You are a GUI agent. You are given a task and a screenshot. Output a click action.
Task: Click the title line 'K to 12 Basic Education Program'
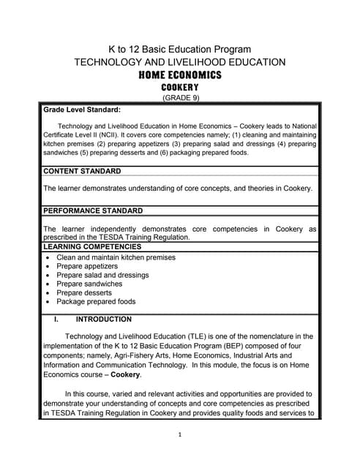pyautogui.click(x=180, y=49)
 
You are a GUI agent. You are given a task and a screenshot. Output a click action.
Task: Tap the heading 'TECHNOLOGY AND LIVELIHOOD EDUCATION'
pyautogui.click(x=180, y=62)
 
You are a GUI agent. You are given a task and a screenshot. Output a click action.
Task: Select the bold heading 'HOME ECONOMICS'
pyautogui.click(x=180, y=75)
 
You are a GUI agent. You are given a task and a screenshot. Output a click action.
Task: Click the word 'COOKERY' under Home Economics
pyautogui.click(x=180, y=88)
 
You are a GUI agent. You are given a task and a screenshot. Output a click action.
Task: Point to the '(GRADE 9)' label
pyautogui.click(x=180, y=98)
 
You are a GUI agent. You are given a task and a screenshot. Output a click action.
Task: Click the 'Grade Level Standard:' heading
pyautogui.click(x=82, y=110)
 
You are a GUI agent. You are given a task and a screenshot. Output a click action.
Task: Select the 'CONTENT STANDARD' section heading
pyautogui.click(x=82, y=171)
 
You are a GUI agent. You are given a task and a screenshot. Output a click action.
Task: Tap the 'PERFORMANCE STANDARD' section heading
pyautogui.click(x=93, y=211)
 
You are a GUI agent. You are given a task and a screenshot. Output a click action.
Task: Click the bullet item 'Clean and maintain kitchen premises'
pyautogui.click(x=116, y=257)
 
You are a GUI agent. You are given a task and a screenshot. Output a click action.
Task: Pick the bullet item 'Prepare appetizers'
pyautogui.click(x=87, y=266)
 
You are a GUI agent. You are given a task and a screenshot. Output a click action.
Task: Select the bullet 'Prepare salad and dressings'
pyautogui.click(x=102, y=275)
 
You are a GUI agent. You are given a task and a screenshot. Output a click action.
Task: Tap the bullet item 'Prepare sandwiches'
pyautogui.click(x=89, y=284)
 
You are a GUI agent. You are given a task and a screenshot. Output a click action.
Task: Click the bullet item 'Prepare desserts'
pyautogui.click(x=84, y=292)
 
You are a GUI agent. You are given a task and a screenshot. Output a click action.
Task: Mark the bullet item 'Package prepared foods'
pyautogui.click(x=96, y=301)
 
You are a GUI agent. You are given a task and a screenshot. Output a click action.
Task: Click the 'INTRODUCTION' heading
pyautogui.click(x=104, y=319)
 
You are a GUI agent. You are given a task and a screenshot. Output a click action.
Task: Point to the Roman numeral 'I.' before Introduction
pyautogui.click(x=56, y=319)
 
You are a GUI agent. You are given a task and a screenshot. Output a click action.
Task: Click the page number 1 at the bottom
pyautogui.click(x=180, y=434)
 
